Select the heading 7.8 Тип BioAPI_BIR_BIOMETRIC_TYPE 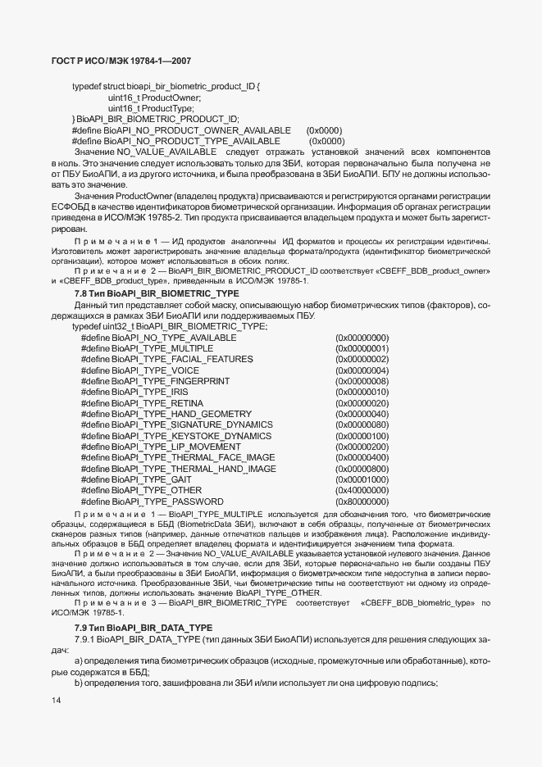pyautogui.click(x=146, y=293)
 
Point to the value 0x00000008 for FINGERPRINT pyautogui.click(x=362, y=381)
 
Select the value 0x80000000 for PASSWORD pyautogui.click(x=362, y=501)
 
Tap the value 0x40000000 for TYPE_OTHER pyautogui.click(x=362, y=490)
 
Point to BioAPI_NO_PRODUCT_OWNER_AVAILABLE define pyautogui.click(x=181, y=130)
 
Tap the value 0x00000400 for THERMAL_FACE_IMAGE pyautogui.click(x=362, y=457)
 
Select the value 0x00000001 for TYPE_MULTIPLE pyautogui.click(x=362, y=348)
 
